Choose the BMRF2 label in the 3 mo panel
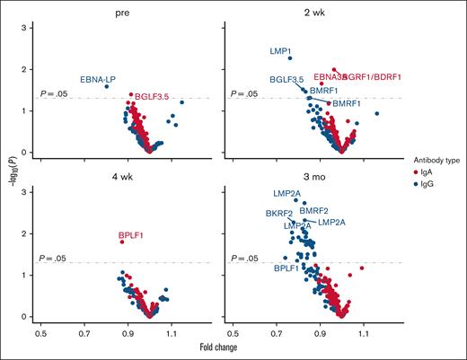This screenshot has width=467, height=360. click(x=314, y=210)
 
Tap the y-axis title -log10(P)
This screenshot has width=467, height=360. click(x=10, y=165)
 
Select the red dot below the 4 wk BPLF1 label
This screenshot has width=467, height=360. click(x=122, y=241)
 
